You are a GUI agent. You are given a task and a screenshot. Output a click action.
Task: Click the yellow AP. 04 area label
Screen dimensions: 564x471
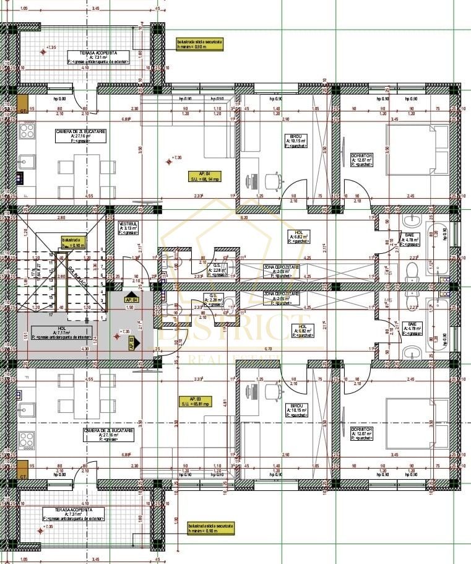pyautogui.click(x=204, y=176)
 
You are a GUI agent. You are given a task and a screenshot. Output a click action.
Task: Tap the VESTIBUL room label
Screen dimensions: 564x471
pyautogui.click(x=128, y=228)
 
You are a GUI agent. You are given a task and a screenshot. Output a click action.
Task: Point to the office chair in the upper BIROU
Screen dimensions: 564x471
pyautogui.click(x=273, y=180)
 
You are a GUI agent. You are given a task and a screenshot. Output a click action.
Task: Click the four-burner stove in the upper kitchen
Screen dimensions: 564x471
pyautogui.click(x=27, y=131)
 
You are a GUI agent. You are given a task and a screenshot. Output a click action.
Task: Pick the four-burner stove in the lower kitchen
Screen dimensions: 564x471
pyautogui.click(x=27, y=440)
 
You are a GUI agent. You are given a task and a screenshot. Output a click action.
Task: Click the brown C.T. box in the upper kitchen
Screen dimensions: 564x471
pyautogui.click(x=23, y=103)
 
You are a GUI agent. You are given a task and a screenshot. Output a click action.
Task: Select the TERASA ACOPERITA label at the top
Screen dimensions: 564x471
pyautogui.click(x=100, y=57)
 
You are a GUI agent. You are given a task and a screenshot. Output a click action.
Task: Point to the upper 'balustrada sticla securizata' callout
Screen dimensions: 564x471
pyautogui.click(x=199, y=43)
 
